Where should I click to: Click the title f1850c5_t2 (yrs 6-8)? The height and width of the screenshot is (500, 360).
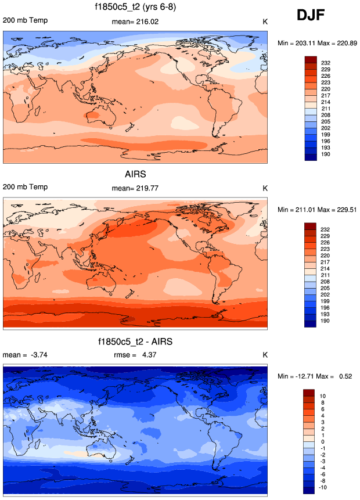135,8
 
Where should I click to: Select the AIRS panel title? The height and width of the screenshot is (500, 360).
135,174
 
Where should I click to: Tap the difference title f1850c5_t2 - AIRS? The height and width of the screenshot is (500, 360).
135,341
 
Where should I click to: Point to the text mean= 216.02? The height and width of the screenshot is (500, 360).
135,21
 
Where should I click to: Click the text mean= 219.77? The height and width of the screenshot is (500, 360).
135,188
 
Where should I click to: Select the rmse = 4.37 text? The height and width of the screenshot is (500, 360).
135,355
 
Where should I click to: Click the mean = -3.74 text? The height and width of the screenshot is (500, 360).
23,355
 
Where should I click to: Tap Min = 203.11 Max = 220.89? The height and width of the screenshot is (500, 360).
316,43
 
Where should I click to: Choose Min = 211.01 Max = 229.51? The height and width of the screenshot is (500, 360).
316,210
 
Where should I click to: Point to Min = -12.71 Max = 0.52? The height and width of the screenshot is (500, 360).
316,377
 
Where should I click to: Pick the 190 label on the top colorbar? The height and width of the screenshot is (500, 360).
325,154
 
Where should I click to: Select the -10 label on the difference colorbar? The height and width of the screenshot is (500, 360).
325,488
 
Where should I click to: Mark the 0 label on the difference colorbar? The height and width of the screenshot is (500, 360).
323,442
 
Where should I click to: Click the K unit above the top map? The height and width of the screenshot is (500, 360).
265,21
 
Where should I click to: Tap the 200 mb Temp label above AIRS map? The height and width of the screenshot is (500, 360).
26,188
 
